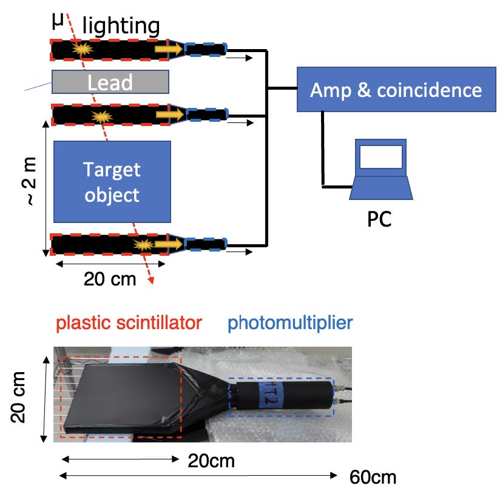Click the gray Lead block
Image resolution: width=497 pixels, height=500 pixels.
point(110,82)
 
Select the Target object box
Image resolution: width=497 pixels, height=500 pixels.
point(112,181)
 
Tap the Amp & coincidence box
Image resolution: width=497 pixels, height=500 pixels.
point(396,90)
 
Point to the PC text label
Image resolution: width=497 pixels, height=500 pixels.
point(379,218)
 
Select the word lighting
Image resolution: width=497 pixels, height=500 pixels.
point(121,26)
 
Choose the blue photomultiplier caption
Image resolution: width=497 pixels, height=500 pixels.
point(290,323)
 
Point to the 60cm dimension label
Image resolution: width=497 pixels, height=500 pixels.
point(373,478)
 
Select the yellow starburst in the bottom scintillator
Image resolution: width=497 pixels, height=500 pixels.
point(144,245)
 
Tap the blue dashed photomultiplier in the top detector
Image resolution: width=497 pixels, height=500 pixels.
point(205,49)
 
